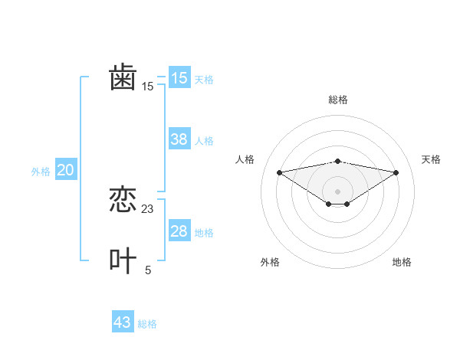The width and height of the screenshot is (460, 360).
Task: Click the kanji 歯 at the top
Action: click(123, 78)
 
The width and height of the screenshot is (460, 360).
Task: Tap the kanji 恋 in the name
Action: click(123, 201)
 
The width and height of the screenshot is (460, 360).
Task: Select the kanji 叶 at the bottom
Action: click(123, 261)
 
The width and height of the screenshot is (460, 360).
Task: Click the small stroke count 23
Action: click(148, 208)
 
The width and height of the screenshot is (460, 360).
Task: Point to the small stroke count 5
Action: click(148, 270)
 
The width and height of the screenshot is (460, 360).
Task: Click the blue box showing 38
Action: click(179, 139)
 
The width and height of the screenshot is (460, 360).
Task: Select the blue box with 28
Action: click(179, 231)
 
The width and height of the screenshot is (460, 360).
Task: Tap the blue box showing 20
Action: click(65, 170)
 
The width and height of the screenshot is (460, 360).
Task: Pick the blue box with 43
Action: click(123, 322)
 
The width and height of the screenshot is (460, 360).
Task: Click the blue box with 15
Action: click(179, 78)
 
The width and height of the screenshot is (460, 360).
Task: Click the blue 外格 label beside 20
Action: click(41, 172)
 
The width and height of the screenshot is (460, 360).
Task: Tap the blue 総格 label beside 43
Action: click(147, 324)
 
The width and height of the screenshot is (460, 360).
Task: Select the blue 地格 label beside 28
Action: click(204, 233)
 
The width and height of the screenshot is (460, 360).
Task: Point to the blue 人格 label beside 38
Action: click(204, 141)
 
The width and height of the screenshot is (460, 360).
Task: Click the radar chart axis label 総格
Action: click(337, 100)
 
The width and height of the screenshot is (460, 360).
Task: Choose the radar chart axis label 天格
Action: click(431, 159)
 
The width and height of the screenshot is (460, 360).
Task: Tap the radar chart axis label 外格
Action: click(270, 262)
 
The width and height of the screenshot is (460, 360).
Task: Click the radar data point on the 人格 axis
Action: click(279, 172)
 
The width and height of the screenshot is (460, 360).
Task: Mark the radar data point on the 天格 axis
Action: click(396, 172)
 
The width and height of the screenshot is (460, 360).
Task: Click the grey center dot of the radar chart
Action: click(337, 191)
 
